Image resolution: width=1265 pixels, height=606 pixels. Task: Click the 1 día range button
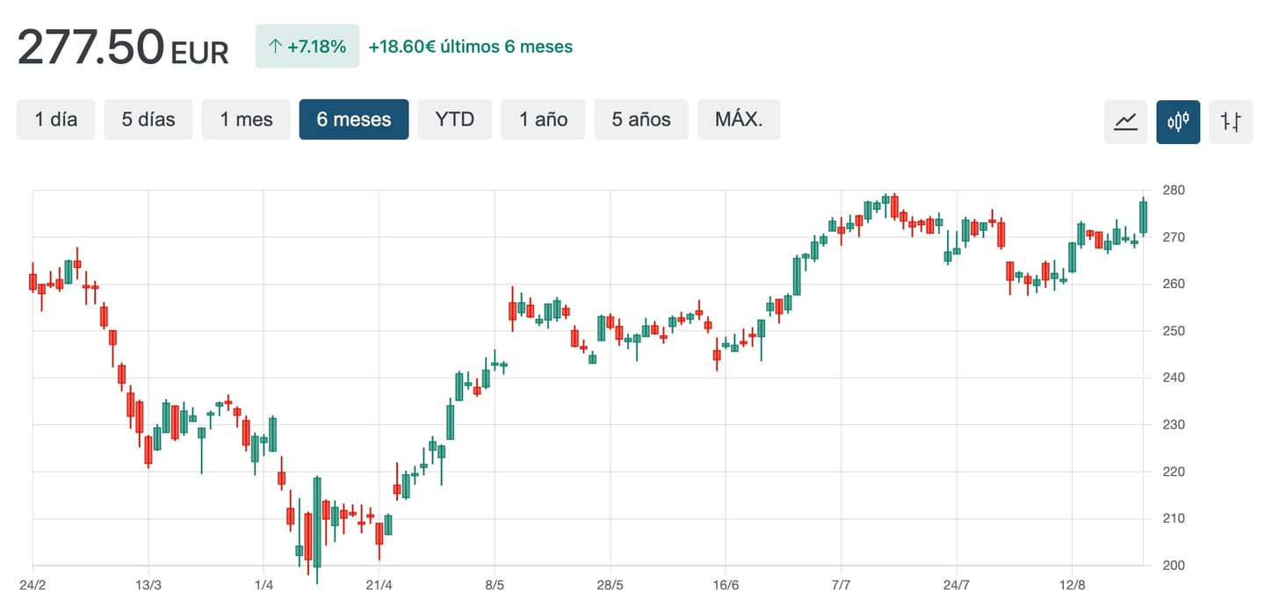[x=55, y=119]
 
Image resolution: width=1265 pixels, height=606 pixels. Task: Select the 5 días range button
[x=148, y=119]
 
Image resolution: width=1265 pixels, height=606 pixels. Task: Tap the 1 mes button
[x=246, y=119]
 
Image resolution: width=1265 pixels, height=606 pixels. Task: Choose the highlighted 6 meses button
[x=353, y=119]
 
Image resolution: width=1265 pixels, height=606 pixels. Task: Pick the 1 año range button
[x=543, y=119]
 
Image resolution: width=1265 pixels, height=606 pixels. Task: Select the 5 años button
[x=641, y=119]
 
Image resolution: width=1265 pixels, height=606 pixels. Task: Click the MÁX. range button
[x=738, y=119]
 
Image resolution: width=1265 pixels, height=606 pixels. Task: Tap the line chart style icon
[x=1125, y=122]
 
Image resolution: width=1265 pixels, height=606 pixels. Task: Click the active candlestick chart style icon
[x=1178, y=122]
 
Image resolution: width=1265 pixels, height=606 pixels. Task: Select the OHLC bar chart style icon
[x=1231, y=122]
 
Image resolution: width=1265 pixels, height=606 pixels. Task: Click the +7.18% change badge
[x=307, y=47]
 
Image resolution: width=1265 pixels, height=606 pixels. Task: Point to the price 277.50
[x=90, y=47]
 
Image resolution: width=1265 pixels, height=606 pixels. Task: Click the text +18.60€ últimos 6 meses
[x=471, y=47]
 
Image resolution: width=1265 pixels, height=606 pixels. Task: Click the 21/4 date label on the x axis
[x=379, y=585]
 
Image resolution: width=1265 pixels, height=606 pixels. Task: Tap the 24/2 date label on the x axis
[x=33, y=585]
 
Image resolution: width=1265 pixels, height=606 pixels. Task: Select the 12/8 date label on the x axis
[x=1072, y=585]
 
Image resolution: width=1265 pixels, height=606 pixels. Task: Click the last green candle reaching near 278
[x=1143, y=217]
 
